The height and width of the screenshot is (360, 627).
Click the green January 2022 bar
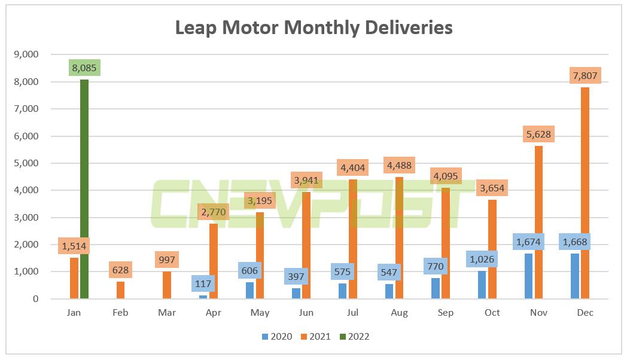click(x=84, y=191)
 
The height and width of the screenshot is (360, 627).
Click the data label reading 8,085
click(x=84, y=67)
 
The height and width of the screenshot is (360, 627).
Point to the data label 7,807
click(x=585, y=75)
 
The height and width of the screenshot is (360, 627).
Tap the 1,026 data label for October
click(x=482, y=259)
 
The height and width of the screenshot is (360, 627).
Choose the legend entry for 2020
click(x=276, y=337)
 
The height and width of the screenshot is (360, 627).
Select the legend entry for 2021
click(x=315, y=337)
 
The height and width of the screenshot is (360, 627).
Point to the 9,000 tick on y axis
click(x=26, y=54)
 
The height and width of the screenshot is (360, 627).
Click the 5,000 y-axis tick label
click(x=26, y=163)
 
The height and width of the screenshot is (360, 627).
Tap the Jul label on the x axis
click(x=353, y=313)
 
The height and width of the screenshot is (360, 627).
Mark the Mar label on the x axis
click(x=168, y=313)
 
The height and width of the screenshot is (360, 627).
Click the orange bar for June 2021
click(x=306, y=245)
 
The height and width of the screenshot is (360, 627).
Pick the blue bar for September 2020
click(x=436, y=288)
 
